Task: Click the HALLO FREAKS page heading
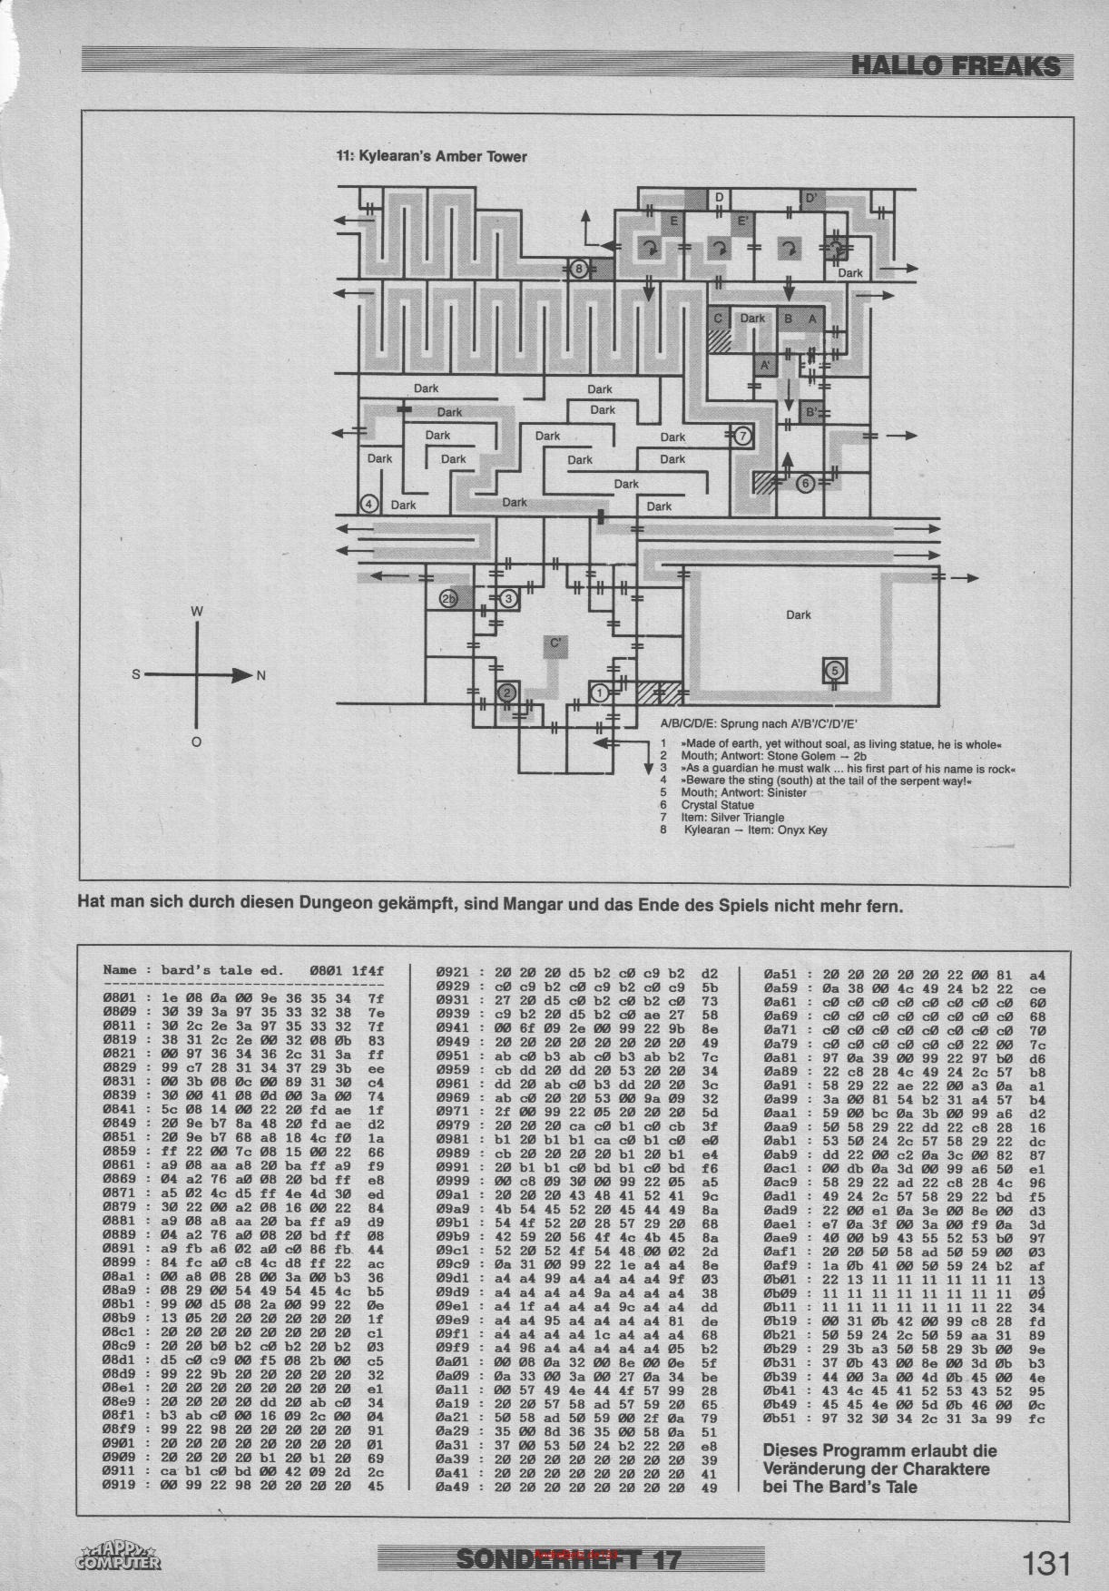[x=956, y=65]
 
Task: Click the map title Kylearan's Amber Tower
[x=431, y=156]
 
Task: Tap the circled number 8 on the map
[x=578, y=269]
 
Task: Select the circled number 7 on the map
[x=742, y=437]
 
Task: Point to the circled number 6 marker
[x=805, y=484]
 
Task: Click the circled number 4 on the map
[x=368, y=505]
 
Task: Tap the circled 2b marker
[x=448, y=599]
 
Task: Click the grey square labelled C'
[x=555, y=645]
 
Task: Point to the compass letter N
[x=261, y=675]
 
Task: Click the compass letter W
[x=196, y=612]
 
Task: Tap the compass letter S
[x=136, y=675]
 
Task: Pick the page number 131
[x=1046, y=1564]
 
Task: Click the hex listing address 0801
[x=120, y=996]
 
